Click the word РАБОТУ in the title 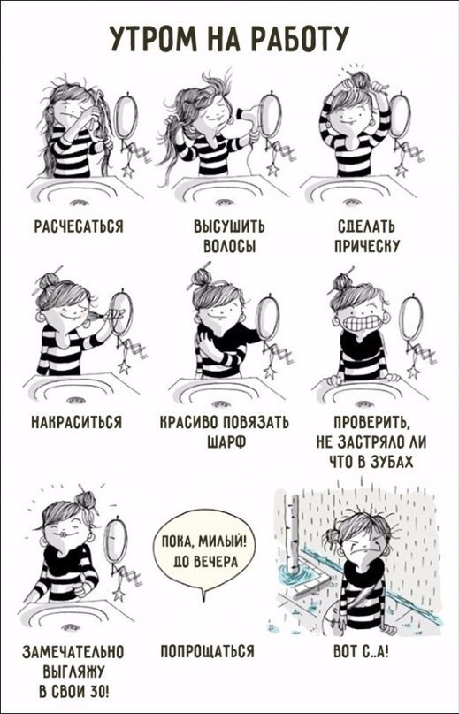(293, 38)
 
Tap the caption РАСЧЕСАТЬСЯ (79, 226)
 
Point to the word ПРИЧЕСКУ (367, 246)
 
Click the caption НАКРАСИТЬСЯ (76, 423)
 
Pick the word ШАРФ (226, 442)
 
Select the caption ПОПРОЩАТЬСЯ (207, 651)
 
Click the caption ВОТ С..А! (361, 651)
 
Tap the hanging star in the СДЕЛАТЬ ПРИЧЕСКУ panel (402, 170)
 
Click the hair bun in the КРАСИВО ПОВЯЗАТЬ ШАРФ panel (202, 276)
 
